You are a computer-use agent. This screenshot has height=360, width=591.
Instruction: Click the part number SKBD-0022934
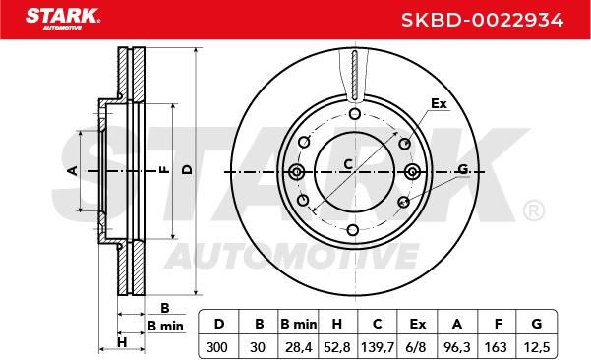click(x=482, y=20)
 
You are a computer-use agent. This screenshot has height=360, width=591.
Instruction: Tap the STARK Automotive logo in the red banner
click(x=63, y=19)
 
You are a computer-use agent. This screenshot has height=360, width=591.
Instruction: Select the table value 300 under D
click(x=217, y=347)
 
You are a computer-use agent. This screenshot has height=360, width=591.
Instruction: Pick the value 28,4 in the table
click(x=299, y=347)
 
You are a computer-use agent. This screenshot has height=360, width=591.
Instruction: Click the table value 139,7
click(x=378, y=347)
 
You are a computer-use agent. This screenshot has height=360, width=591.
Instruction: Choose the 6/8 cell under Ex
click(x=418, y=347)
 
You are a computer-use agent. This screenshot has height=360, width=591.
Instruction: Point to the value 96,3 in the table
click(x=457, y=347)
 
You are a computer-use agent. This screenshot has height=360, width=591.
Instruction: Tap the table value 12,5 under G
click(x=536, y=347)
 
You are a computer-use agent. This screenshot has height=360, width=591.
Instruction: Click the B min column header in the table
click(x=299, y=324)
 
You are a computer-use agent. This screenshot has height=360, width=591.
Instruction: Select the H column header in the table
click(x=337, y=324)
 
